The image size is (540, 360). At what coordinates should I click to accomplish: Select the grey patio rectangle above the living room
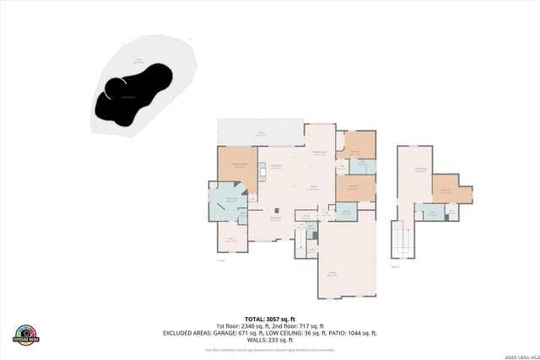(x=259, y=132)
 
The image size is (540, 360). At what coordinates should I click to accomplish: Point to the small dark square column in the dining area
(x=274, y=210)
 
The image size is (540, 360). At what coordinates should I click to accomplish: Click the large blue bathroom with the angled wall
(x=228, y=203)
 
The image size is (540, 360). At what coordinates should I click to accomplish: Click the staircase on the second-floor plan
(x=402, y=244)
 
